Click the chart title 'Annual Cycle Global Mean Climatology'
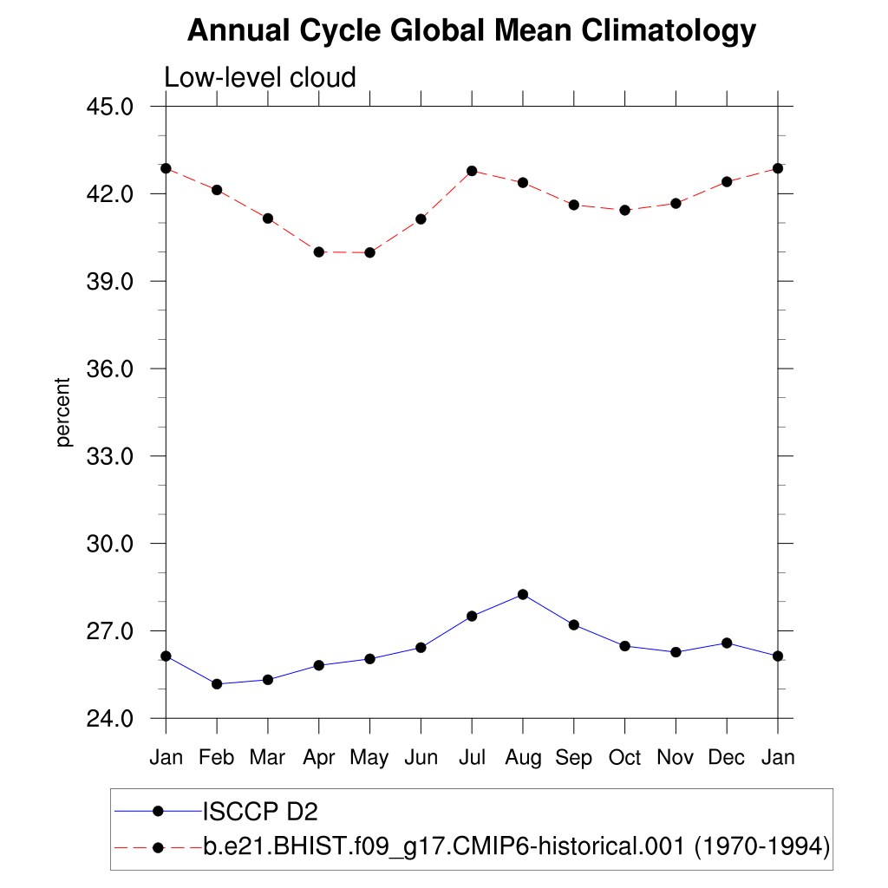point(472,31)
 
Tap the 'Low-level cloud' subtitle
point(260,78)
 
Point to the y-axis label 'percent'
point(62,412)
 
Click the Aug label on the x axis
point(522,758)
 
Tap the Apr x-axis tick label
point(318,758)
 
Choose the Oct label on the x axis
point(624,758)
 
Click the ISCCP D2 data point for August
point(522,594)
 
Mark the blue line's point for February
point(217,684)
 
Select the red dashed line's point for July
point(472,171)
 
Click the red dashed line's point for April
point(318,251)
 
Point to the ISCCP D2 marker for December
point(727,643)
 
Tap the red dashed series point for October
point(624,210)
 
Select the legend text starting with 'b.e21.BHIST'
point(517,846)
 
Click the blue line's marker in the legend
point(158,812)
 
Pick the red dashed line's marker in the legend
point(158,846)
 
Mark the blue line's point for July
point(472,616)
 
